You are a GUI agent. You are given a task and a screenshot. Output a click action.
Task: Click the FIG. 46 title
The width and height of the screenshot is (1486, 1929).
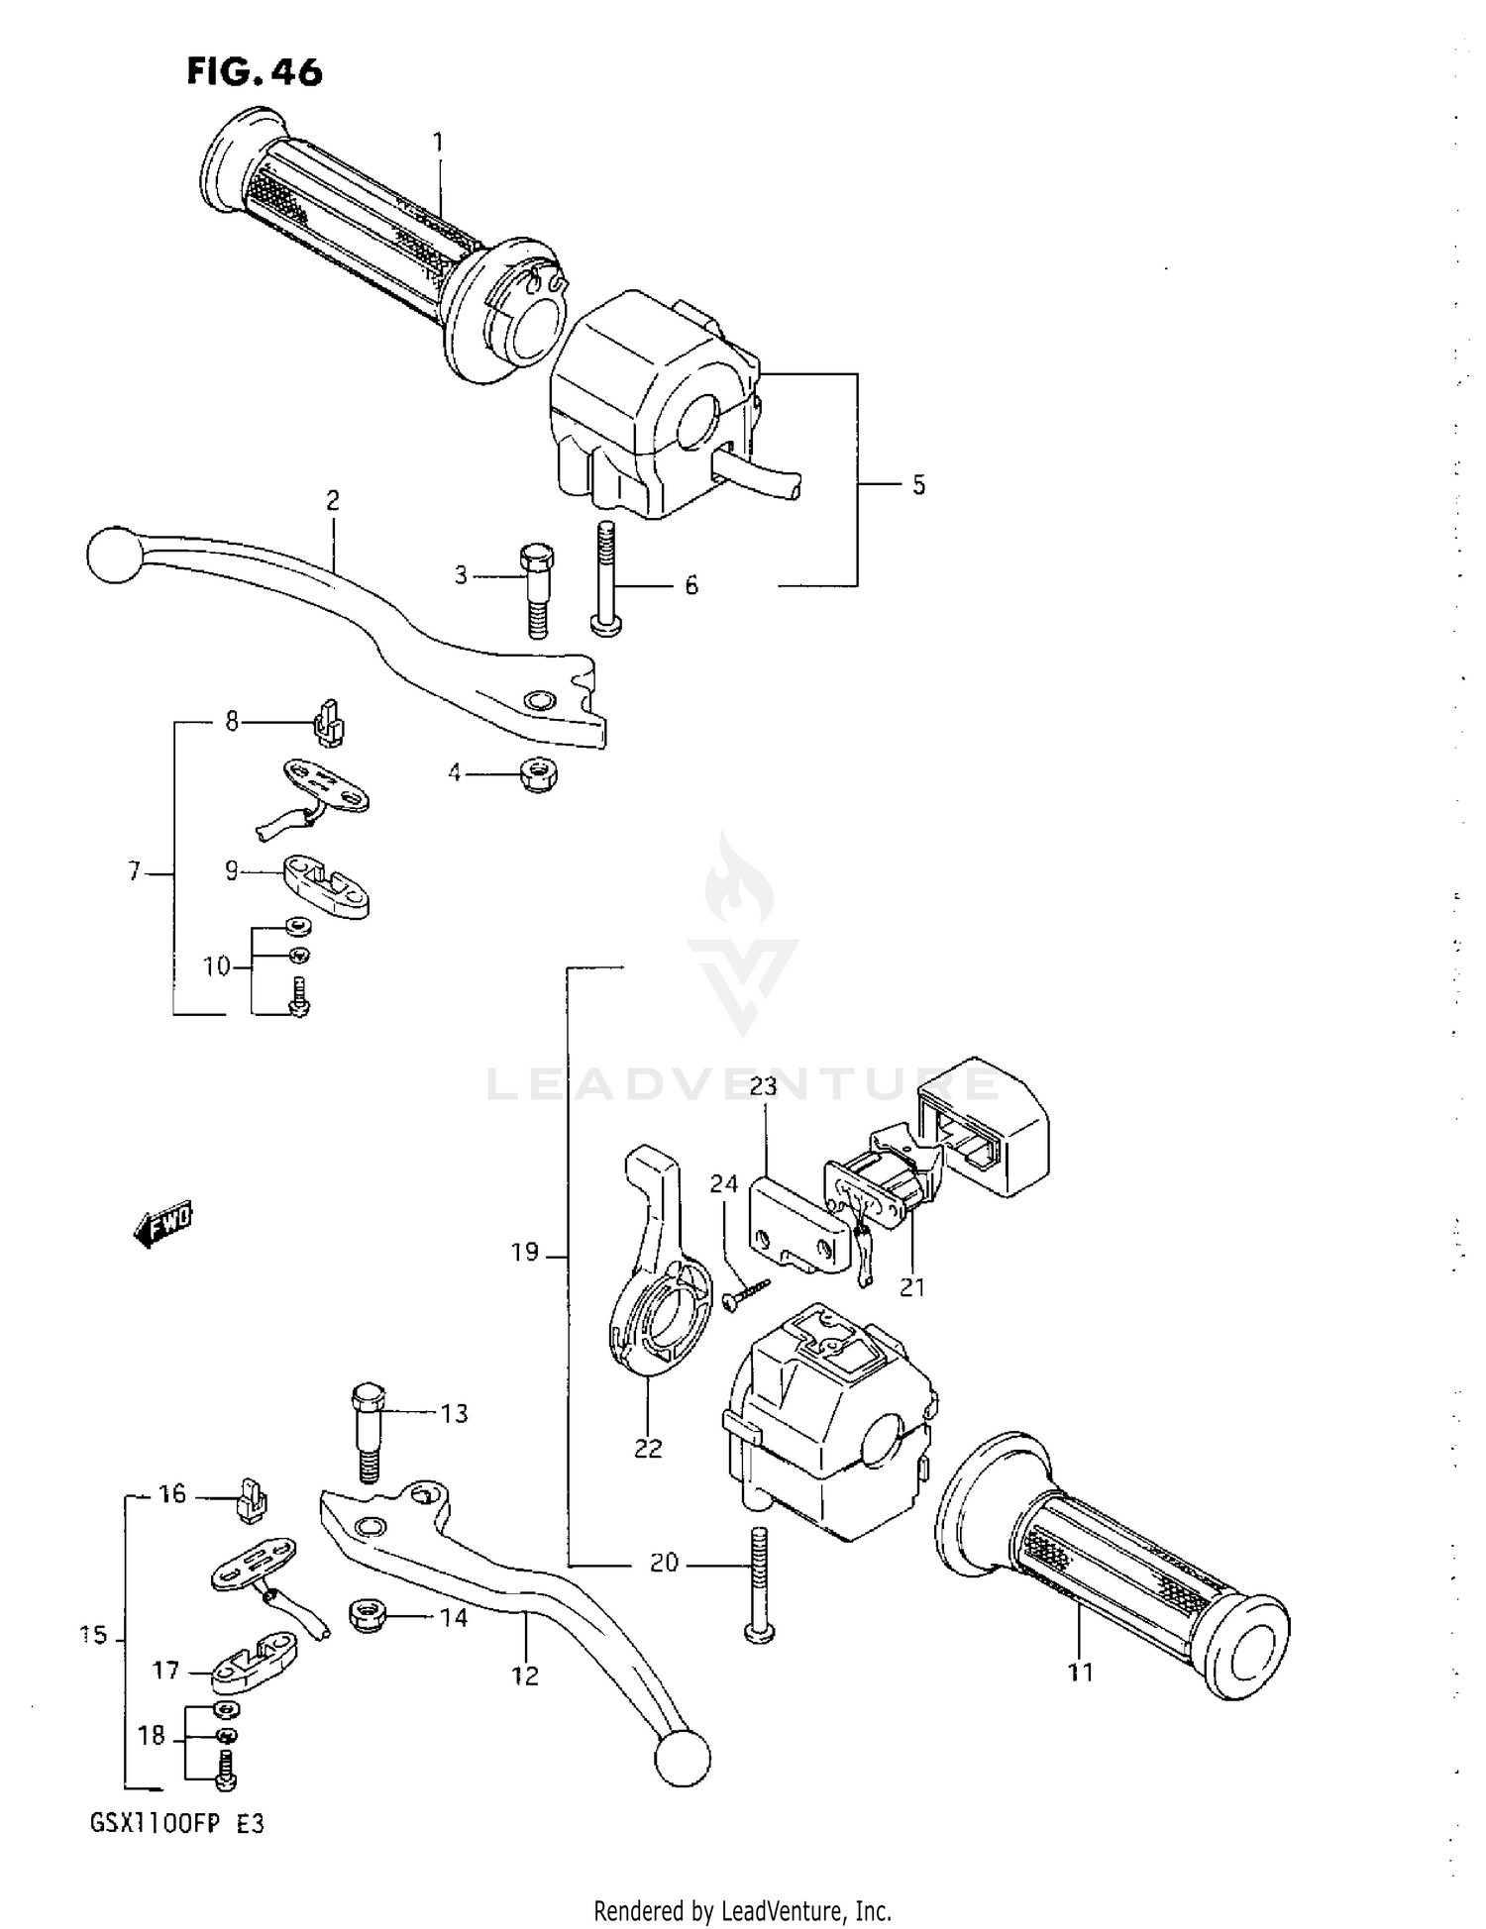[255, 72]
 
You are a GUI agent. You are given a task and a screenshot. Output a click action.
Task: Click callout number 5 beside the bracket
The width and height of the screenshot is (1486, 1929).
[918, 485]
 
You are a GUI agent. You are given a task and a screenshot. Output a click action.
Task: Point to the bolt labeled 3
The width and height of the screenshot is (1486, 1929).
[535, 590]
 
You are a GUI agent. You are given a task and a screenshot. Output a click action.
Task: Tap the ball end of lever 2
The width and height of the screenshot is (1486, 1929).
[115, 555]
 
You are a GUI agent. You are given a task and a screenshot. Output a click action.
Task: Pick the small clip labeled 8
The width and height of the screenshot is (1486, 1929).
[329, 723]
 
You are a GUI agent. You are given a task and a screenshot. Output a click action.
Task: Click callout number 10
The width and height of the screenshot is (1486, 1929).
[216, 965]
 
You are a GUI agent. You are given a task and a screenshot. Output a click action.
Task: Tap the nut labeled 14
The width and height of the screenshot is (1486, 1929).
[369, 1617]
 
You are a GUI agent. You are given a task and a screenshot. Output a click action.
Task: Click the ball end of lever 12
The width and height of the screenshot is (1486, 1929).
[683, 1759]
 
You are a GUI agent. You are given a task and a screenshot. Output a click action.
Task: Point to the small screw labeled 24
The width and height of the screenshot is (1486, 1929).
[746, 1293]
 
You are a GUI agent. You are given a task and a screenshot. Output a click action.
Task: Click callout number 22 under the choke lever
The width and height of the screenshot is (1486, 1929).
[647, 1448]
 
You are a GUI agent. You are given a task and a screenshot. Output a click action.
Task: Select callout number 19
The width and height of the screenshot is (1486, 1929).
[525, 1253]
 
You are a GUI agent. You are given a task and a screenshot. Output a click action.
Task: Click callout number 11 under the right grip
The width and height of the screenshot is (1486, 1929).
[1080, 1673]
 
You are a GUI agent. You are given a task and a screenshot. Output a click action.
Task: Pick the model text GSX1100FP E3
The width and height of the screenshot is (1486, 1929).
[177, 1824]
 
